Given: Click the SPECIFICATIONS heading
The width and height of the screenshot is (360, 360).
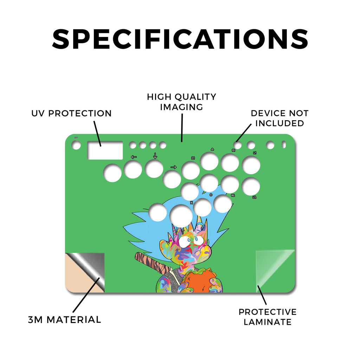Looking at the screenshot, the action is click(180, 39).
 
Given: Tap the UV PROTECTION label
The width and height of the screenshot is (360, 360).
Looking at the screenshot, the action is click(71, 113).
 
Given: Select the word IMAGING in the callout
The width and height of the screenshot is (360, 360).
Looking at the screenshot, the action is click(182, 107).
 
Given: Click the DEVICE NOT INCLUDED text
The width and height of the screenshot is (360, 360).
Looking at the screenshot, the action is click(279, 118).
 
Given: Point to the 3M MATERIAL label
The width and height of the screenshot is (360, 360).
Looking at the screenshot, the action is click(65, 320).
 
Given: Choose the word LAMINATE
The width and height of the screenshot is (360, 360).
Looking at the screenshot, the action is click(268, 322).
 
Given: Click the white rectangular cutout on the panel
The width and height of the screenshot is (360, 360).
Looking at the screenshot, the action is click(105, 150).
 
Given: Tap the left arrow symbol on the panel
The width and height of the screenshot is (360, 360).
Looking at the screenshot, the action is click(134, 157).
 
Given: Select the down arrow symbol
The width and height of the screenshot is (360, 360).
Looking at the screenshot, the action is click(155, 156).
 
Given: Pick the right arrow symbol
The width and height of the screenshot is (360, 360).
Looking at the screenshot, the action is click(174, 167).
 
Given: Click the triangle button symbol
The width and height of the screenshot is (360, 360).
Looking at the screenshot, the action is click(212, 149).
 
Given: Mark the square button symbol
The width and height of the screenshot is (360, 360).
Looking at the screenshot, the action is click(193, 158).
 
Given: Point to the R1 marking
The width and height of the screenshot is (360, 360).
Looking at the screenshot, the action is click(233, 150).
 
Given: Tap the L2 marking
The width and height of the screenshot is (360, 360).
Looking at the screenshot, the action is click(255, 197).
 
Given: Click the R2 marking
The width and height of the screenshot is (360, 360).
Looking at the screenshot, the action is click(233, 195).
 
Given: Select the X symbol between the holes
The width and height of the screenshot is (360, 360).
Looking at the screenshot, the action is click(192, 202).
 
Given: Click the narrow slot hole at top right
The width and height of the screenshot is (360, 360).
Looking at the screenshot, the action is click(284, 144).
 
